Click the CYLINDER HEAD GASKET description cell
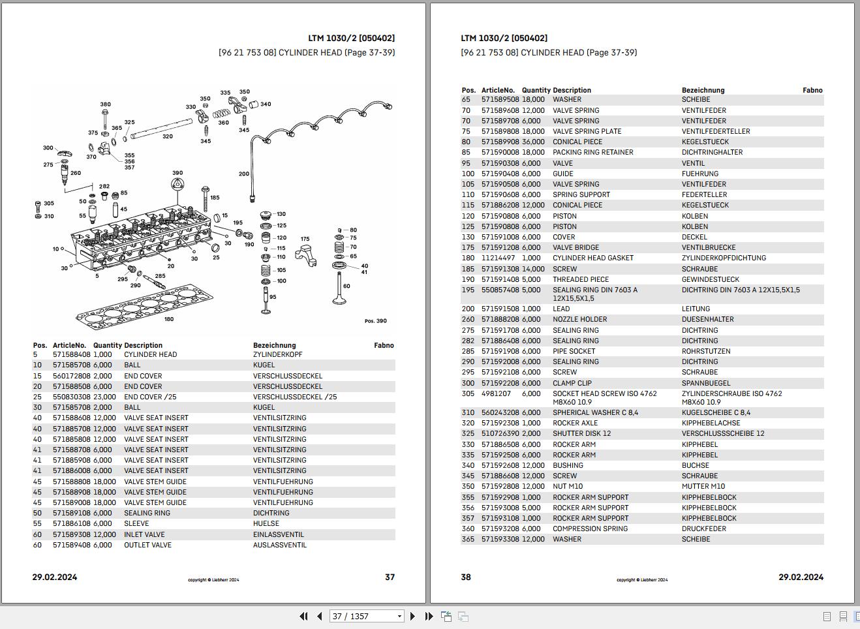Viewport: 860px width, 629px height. click(x=592, y=258)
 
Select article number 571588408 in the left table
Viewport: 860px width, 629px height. click(x=71, y=355)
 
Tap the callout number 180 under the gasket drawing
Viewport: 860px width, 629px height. click(x=169, y=319)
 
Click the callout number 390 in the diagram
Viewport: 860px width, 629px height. click(x=177, y=174)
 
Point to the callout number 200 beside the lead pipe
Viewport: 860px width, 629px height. click(x=243, y=174)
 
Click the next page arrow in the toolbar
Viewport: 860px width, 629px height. click(x=412, y=616)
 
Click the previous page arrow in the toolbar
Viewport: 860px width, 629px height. click(x=319, y=616)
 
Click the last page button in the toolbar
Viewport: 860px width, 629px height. click(x=429, y=616)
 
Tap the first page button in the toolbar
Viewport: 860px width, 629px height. click(x=303, y=616)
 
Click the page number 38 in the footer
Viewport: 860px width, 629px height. click(x=466, y=577)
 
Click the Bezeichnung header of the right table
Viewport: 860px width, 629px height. click(x=703, y=90)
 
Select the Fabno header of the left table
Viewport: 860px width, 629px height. click(x=384, y=345)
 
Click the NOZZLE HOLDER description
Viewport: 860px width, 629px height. click(x=579, y=319)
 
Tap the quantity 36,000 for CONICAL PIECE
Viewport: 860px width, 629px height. click(x=533, y=142)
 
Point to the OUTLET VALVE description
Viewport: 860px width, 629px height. click(x=147, y=545)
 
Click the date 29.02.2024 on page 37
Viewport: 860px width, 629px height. click(x=55, y=577)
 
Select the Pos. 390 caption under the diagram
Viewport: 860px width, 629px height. click(x=375, y=321)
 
